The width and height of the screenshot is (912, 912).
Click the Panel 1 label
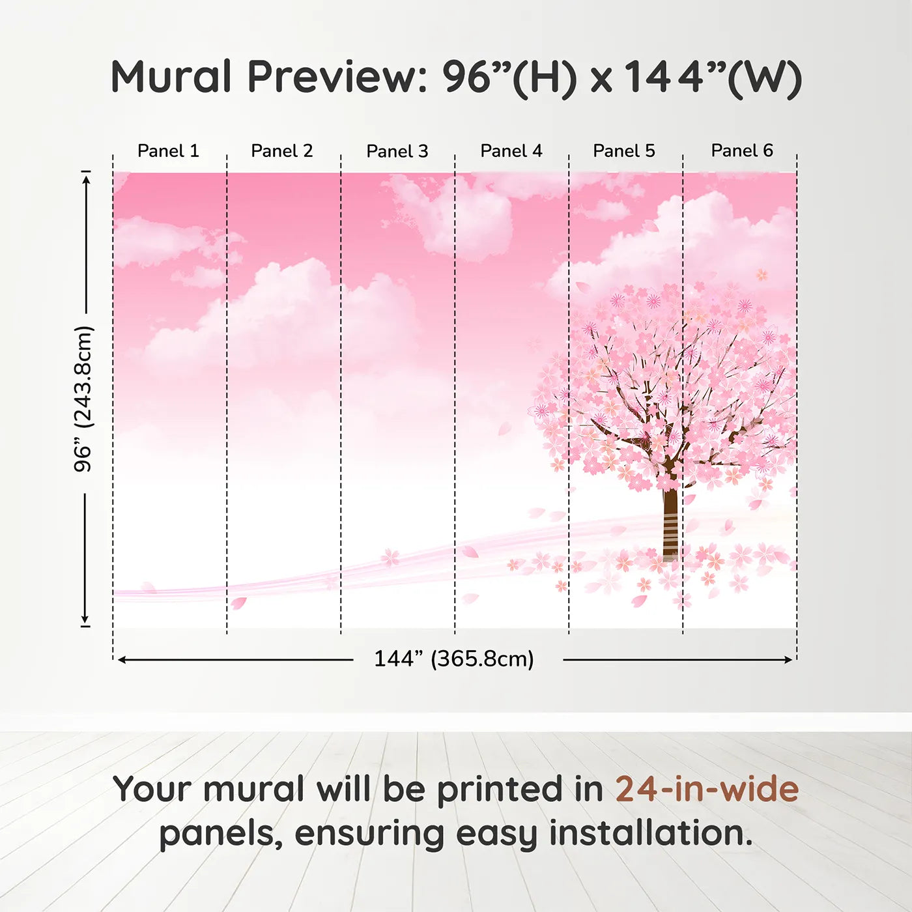[168, 151]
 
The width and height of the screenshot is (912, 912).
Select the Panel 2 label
[282, 151]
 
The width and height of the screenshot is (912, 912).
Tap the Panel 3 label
[397, 152]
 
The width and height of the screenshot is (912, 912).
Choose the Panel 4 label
[511, 151]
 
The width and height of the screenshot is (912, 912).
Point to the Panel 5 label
[624, 151]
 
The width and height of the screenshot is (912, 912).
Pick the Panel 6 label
[742, 150]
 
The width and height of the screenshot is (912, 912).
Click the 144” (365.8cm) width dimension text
[454, 659]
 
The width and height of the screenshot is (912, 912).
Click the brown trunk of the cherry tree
[670, 521]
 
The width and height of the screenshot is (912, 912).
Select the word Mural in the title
[171, 77]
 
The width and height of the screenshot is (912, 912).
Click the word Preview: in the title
[337, 77]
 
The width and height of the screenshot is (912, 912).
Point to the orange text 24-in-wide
[707, 790]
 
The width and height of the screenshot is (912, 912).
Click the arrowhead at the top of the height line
[85, 177]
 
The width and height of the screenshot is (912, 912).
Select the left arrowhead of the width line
[122, 660]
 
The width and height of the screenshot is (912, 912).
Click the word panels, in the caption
[221, 834]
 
